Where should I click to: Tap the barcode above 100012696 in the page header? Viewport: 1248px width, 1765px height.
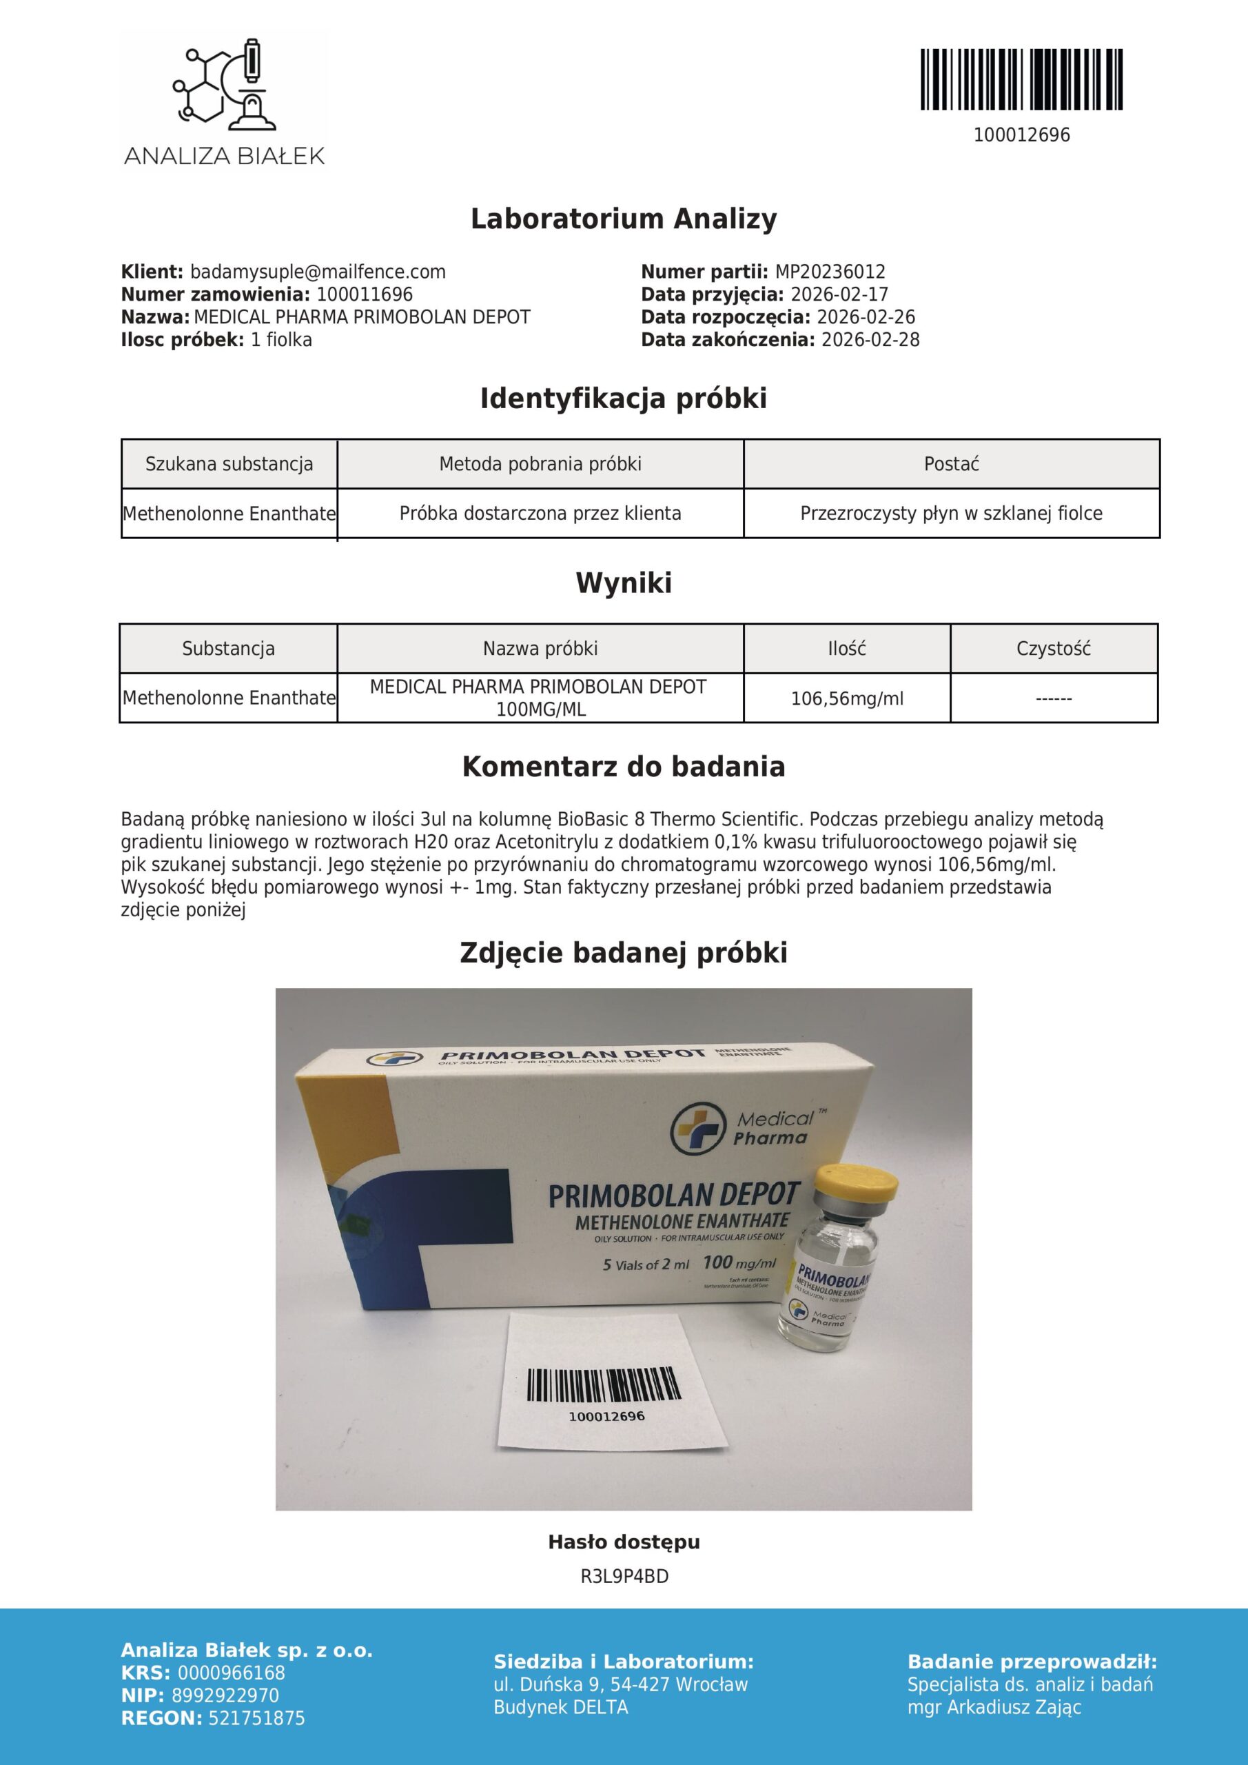1021,79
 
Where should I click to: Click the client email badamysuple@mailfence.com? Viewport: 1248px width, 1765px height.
318,272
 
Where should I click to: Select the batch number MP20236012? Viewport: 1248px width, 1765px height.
829,272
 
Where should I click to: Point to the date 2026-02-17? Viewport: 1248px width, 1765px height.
839,294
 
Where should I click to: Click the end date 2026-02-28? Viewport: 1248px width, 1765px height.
870,340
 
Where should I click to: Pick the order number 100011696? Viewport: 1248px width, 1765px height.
365,294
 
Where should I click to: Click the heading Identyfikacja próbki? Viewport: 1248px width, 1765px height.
623,399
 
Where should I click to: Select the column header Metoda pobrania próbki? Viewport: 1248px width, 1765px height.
540,464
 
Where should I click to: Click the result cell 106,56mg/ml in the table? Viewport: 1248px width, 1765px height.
847,699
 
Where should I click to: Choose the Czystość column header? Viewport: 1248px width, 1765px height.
1053,649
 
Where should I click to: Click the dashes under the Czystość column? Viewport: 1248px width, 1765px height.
1053,699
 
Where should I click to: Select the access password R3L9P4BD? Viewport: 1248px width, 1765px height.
624,1577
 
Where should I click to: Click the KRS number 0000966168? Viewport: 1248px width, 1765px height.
231,1673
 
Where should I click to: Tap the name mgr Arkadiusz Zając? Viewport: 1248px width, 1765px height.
994,1707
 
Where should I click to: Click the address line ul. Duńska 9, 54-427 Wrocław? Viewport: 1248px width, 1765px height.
620,1685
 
